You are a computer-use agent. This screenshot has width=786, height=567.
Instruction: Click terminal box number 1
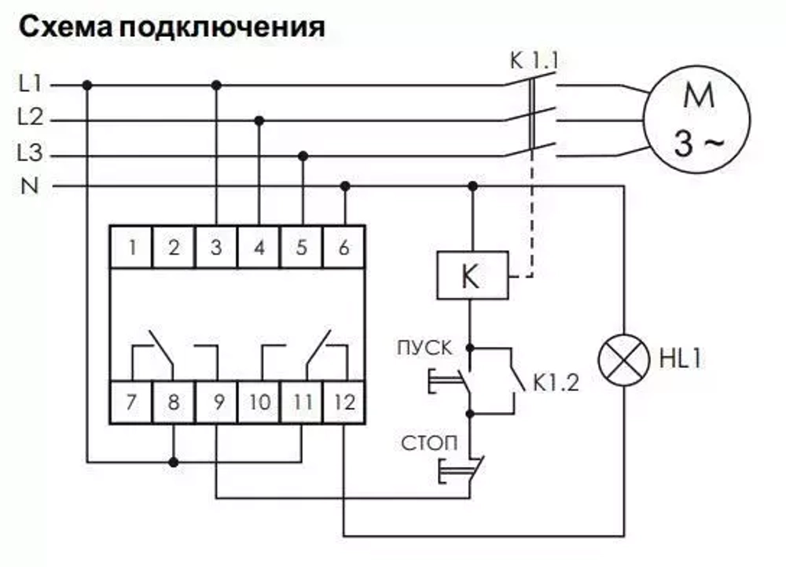[x=132, y=248]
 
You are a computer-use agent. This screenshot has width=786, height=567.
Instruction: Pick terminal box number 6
[x=344, y=248]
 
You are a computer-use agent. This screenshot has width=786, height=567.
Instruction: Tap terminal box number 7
[x=132, y=403]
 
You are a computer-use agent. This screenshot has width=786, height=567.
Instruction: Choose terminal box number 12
[x=344, y=403]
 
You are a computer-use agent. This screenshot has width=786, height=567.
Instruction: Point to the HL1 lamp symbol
[x=625, y=362]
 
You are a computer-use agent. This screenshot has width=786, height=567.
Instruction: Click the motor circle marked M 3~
[x=697, y=119]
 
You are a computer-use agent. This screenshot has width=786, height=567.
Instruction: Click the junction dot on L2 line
[x=259, y=120]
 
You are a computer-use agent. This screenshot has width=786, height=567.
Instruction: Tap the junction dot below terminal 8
[x=174, y=461]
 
